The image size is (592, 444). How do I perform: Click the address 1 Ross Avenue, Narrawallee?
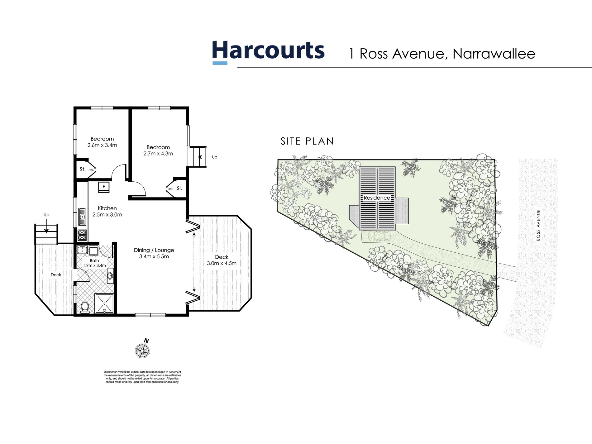click(442, 54)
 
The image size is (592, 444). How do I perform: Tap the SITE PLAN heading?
click(307, 141)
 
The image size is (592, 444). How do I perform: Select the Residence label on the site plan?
click(377, 198)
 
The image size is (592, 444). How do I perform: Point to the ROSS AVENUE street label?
click(538, 225)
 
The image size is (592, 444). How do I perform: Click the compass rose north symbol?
click(142, 350)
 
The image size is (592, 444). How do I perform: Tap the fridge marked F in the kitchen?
click(104, 187)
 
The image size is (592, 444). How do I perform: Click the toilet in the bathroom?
click(85, 307)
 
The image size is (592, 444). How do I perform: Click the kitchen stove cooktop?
click(82, 235)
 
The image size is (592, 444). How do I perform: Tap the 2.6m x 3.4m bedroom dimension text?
click(102, 145)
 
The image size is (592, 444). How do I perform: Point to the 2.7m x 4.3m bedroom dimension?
click(158, 154)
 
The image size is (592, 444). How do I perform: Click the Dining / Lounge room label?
click(154, 250)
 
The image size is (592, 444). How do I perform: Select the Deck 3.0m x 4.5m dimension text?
click(222, 263)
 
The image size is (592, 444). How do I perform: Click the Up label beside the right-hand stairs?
click(214, 157)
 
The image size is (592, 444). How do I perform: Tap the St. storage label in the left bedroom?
click(83, 169)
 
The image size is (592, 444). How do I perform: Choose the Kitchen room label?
click(107, 208)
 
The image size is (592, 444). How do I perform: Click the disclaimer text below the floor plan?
click(142, 377)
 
